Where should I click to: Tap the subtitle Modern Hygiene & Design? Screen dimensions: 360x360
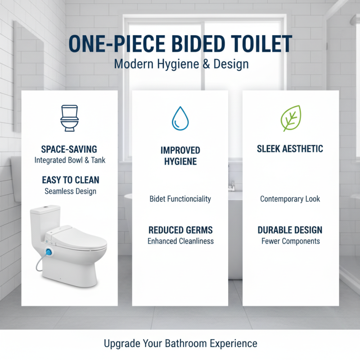181,63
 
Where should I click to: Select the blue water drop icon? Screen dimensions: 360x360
180,118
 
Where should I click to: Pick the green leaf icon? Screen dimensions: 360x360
291,118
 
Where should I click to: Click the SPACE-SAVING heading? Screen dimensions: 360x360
70,149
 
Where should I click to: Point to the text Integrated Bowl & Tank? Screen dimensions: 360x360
70,160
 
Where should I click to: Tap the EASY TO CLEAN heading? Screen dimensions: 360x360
70,180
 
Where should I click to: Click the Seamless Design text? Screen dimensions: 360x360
70,191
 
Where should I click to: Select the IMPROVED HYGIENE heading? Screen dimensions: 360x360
180,156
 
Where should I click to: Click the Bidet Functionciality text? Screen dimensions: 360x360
180,199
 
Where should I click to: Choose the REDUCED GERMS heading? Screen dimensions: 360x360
180,230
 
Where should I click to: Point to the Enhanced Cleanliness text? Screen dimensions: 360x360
180,241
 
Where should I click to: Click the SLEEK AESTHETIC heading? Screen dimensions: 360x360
290,149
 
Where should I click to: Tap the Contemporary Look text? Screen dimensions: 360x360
290,199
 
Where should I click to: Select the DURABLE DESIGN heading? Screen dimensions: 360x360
290,230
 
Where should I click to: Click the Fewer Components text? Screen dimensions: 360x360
290,241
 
